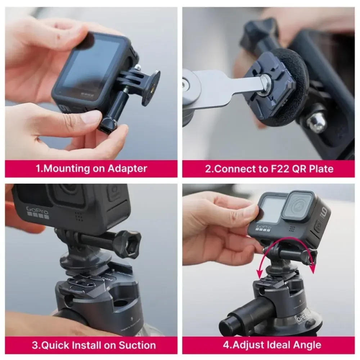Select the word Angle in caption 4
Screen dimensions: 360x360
pos(304,345)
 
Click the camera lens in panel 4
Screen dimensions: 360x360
pos(297,206)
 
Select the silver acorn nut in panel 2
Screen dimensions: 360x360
pos(317,122)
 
